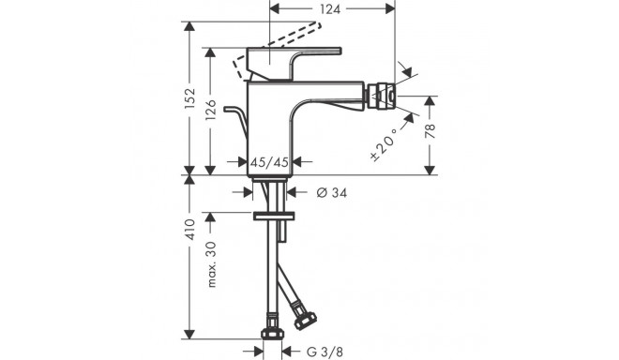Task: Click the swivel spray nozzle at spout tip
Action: click(x=382, y=96)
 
